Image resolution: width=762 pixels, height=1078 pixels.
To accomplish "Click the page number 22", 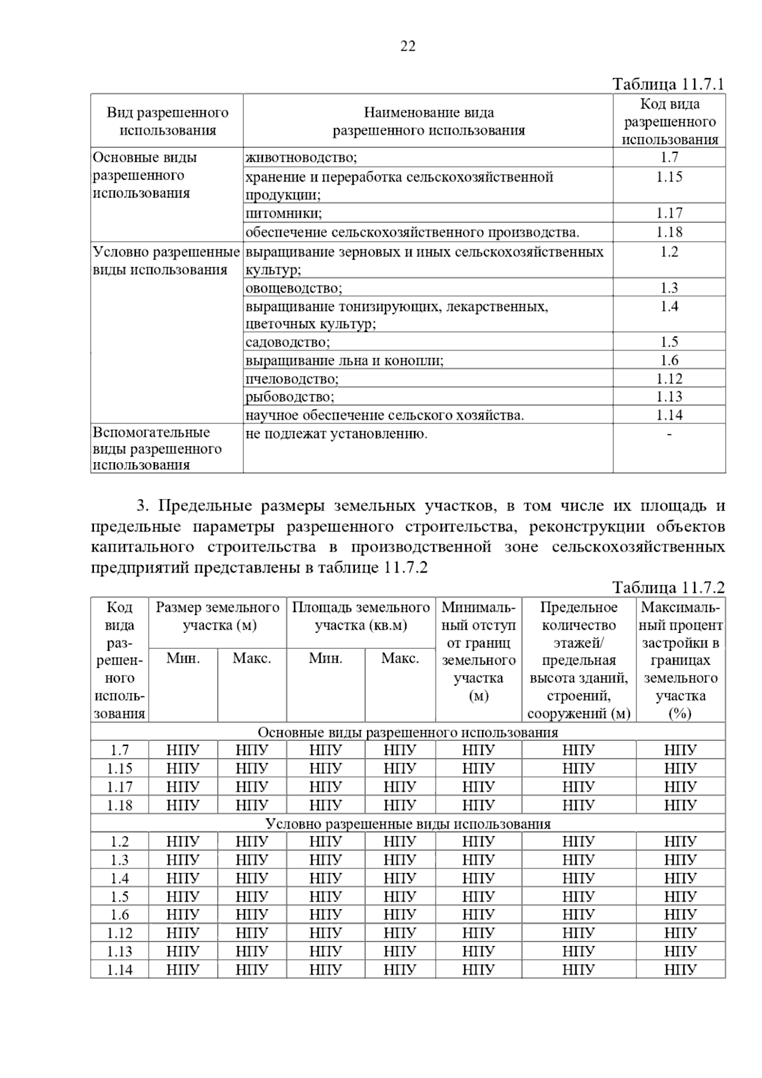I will point(408,46).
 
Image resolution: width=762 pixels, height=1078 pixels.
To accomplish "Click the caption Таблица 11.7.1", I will point(668,84).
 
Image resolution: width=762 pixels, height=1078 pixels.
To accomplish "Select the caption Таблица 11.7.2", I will point(668,587).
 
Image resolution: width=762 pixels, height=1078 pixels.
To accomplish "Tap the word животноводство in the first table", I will point(301,157).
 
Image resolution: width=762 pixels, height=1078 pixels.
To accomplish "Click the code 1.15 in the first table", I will point(669,176).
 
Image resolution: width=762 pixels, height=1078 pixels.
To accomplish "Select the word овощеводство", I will point(293,288).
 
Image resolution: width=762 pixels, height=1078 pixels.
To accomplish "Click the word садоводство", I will point(288,342).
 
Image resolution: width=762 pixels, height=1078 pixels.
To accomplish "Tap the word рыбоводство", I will point(290,397).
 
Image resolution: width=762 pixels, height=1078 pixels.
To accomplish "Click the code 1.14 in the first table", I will point(669,415).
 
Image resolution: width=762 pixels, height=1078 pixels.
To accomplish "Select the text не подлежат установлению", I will point(336,434).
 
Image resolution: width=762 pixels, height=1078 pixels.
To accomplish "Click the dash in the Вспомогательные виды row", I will point(669,434).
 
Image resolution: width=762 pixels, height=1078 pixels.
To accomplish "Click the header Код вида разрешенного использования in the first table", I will point(669,122).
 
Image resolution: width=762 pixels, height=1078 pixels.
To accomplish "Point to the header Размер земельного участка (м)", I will point(218,616).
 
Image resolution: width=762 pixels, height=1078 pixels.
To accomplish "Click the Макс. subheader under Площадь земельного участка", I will point(399,658).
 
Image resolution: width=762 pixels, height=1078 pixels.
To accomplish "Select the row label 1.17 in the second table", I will point(119,787).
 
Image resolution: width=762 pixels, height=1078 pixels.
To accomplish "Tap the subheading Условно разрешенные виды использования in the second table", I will point(408,824).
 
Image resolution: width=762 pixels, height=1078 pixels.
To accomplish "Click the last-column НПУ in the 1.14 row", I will point(680,969).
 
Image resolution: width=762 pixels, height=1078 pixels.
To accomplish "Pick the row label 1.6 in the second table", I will point(119,915).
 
